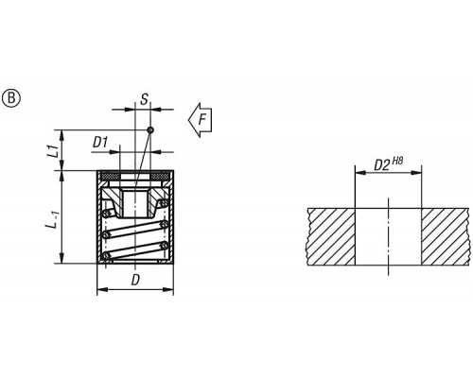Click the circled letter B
coord(11,99)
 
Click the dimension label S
coord(144,99)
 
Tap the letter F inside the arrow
coord(202,120)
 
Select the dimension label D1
coord(100,143)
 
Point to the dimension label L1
coord(55,151)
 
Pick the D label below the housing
coord(135,280)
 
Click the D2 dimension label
coord(382,165)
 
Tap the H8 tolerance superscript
coord(397,162)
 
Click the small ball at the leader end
coord(150,129)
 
